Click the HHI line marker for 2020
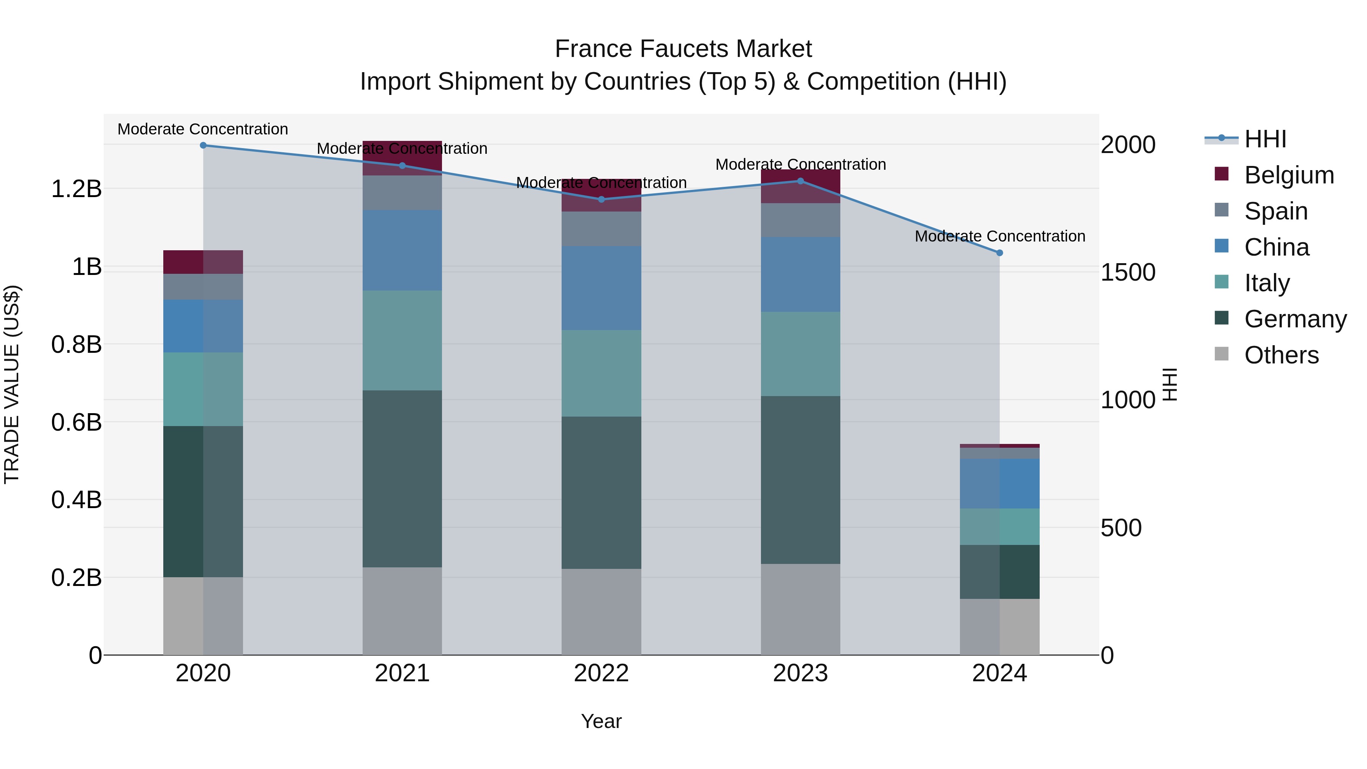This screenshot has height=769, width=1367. click(203, 145)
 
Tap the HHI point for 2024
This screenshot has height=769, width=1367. click(1000, 253)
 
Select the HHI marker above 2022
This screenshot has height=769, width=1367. click(601, 199)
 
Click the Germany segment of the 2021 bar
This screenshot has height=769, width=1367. click(402, 479)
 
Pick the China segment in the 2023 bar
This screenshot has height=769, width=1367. click(801, 275)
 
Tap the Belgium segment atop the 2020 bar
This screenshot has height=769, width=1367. click(203, 262)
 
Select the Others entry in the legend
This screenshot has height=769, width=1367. click(1281, 355)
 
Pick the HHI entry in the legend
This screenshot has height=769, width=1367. click(1265, 139)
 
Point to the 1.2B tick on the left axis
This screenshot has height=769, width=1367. click(76, 189)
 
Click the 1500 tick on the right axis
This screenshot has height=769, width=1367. click(1128, 272)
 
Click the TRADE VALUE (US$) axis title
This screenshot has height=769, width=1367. click(12, 384)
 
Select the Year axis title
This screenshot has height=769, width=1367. click(601, 721)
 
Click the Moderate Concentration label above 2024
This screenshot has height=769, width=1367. click(1000, 236)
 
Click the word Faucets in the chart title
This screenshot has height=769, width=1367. click(683, 49)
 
